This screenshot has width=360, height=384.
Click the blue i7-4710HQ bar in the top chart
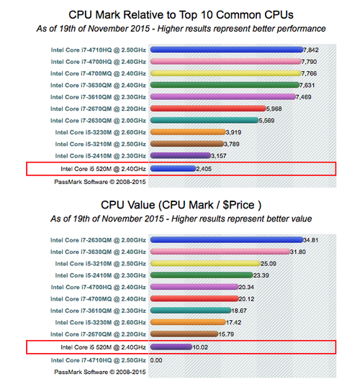(x=227, y=50)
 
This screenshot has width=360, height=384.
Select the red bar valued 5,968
(x=208, y=109)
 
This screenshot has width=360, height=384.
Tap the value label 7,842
(x=311, y=50)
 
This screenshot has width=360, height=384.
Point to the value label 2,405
(x=204, y=169)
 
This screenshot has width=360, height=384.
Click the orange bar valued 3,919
(x=188, y=132)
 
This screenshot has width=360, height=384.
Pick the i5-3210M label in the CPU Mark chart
(x=101, y=144)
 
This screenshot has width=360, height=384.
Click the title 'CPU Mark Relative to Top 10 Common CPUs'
(x=181, y=14)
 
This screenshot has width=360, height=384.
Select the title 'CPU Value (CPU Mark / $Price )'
(x=181, y=205)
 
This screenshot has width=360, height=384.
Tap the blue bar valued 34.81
(x=227, y=239)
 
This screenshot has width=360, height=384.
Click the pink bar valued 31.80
(x=220, y=252)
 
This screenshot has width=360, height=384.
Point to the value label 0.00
(x=156, y=360)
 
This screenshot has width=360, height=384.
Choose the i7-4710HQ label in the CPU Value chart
(x=99, y=360)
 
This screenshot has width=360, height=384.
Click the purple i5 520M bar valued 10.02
(x=171, y=347)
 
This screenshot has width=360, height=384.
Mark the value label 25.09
(x=269, y=263)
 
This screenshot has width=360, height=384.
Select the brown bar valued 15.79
(x=184, y=334)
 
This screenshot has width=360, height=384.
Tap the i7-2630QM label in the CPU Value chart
(x=98, y=240)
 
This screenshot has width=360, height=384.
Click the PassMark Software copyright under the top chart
(x=100, y=182)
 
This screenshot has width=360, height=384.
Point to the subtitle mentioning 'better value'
(x=181, y=219)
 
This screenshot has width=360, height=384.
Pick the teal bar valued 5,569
(x=204, y=120)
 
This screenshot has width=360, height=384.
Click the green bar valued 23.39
(x=202, y=275)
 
